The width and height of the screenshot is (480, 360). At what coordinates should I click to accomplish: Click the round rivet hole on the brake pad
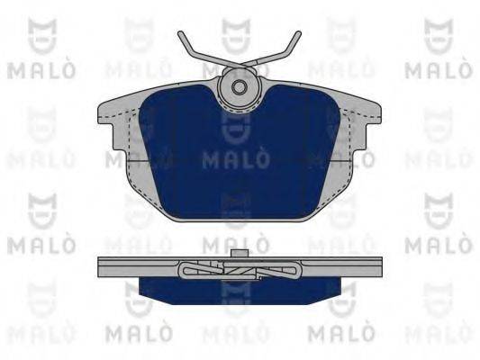pos(240,87)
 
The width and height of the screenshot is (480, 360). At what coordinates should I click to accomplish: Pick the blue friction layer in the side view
pos(239,288)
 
